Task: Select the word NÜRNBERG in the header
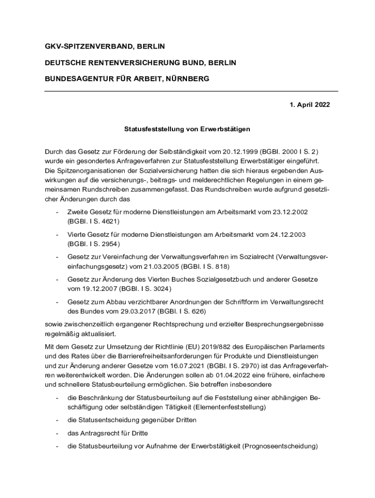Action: [187, 78]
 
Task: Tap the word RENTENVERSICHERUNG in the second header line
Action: [127, 62]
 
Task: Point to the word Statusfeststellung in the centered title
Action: [152, 129]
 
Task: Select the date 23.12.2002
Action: [291, 213]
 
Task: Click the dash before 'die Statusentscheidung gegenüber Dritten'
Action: [57, 420]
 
